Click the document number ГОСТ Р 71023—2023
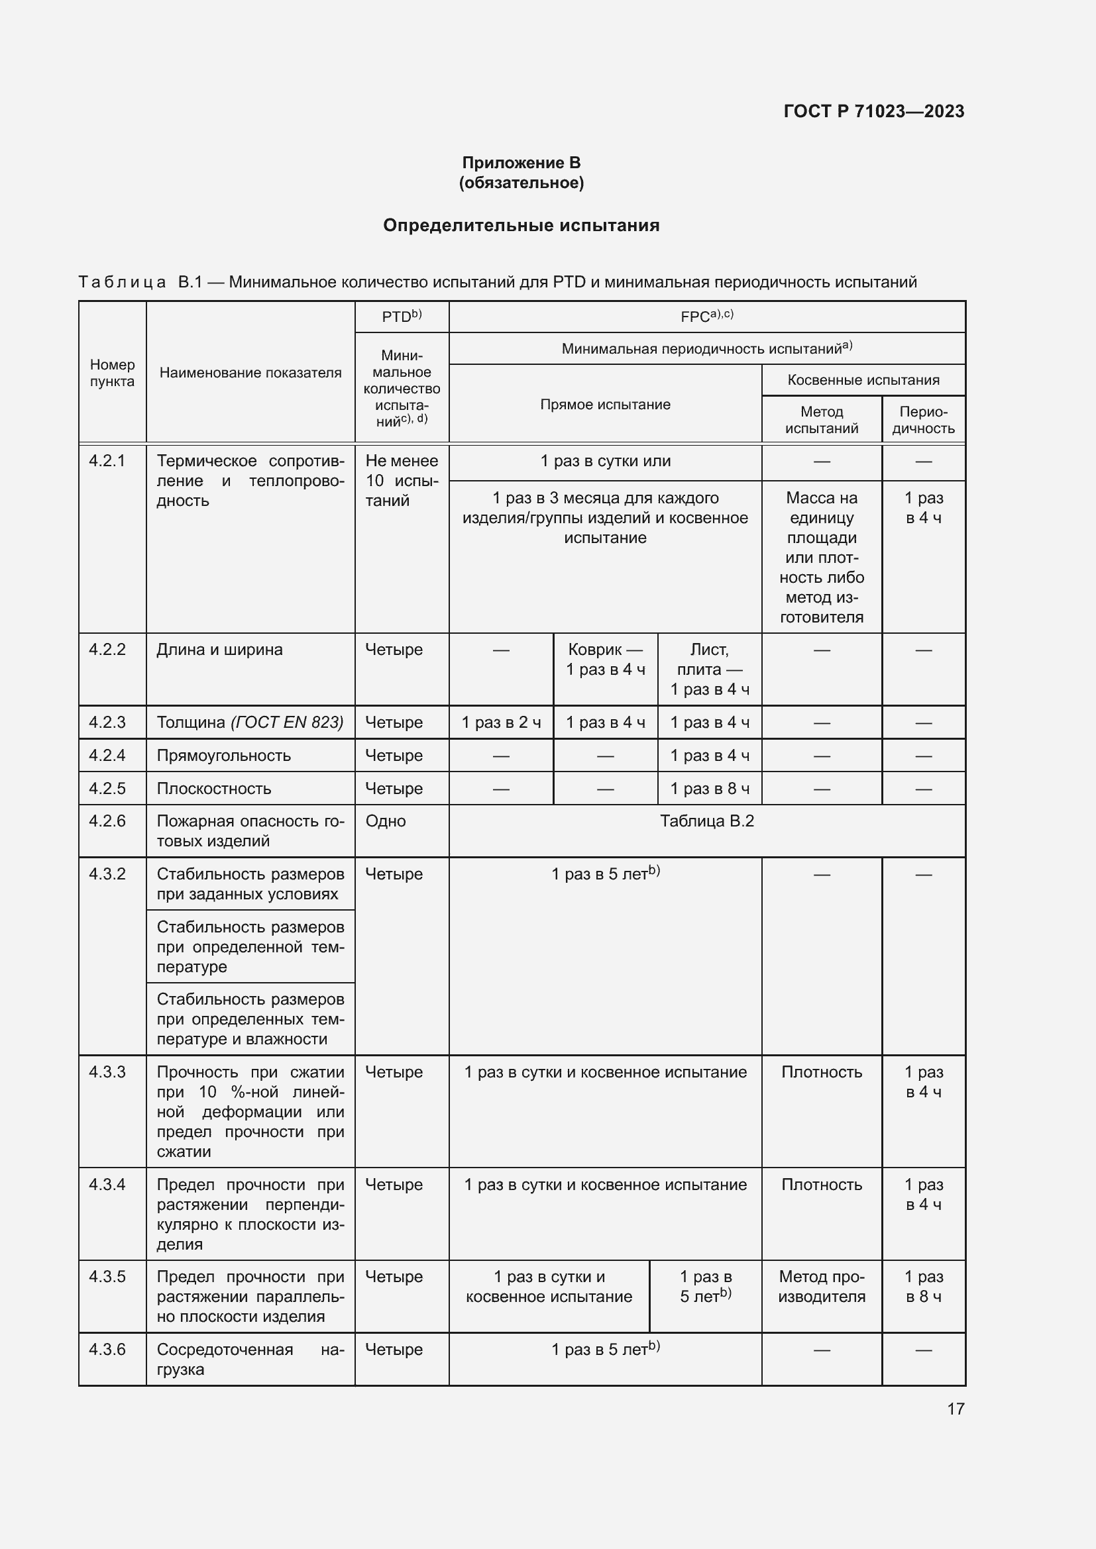coord(873,111)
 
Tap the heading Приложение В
coord(521,163)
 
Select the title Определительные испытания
coord(521,225)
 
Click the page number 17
coord(955,1409)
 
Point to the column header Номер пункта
coord(112,373)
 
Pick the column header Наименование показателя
coord(250,373)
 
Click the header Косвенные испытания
coord(863,380)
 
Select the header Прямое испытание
coord(605,404)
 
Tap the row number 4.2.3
coord(107,722)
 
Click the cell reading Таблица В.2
coord(706,821)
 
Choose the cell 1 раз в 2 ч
coord(501,723)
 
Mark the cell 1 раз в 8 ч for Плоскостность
coord(709,789)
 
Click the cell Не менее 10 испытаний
coord(402,480)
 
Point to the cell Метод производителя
coord(821,1287)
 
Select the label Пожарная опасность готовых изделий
coord(250,830)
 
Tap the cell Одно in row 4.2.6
coord(386,821)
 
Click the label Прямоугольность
coord(223,756)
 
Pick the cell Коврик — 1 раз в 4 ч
coord(606,659)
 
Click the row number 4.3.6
coord(107,1349)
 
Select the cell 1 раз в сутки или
coord(605,462)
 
